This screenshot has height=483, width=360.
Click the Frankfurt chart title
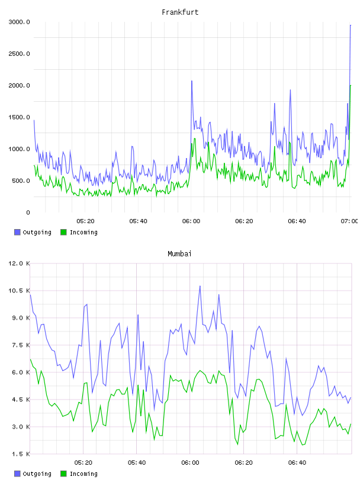pos(180,12)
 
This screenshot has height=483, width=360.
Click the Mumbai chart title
pos(179,254)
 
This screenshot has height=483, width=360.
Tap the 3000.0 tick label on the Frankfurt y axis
pos(19,22)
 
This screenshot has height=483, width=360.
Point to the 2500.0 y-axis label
pos(19,54)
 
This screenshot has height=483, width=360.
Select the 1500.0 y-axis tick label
pos(19,117)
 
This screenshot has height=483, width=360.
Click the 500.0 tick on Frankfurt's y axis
pos(21,181)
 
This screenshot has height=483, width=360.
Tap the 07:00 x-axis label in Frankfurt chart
pos(349,221)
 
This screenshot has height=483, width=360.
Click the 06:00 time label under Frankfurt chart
pos(191,221)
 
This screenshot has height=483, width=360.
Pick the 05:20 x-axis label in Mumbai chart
pos(83,463)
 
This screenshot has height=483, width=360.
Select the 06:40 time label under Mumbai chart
pos(297,463)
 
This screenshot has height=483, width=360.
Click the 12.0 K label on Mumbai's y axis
pos(19,263)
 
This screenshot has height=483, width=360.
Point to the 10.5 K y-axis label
pos(19,291)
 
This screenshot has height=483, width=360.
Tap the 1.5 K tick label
pos(21,454)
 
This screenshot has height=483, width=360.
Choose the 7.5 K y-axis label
pos(21,345)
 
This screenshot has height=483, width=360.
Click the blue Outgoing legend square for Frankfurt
pos(17,232)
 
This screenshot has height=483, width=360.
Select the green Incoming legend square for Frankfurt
pos(63,232)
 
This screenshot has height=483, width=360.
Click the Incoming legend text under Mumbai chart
pos(83,474)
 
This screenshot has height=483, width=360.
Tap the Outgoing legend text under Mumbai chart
pos(37,474)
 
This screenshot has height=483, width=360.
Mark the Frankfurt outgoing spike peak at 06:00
pos(192,81)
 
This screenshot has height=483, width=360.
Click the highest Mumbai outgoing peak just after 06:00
pos(200,286)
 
